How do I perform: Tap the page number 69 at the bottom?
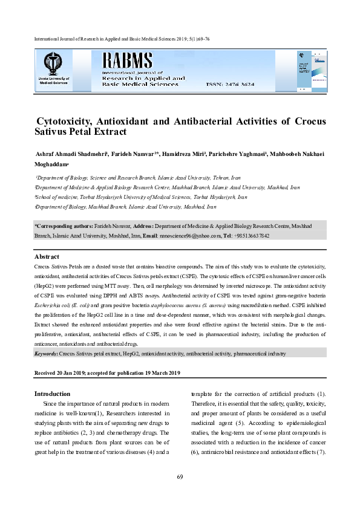[180, 478]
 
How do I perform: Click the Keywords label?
[46, 353]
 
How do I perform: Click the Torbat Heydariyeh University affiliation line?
[141, 197]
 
